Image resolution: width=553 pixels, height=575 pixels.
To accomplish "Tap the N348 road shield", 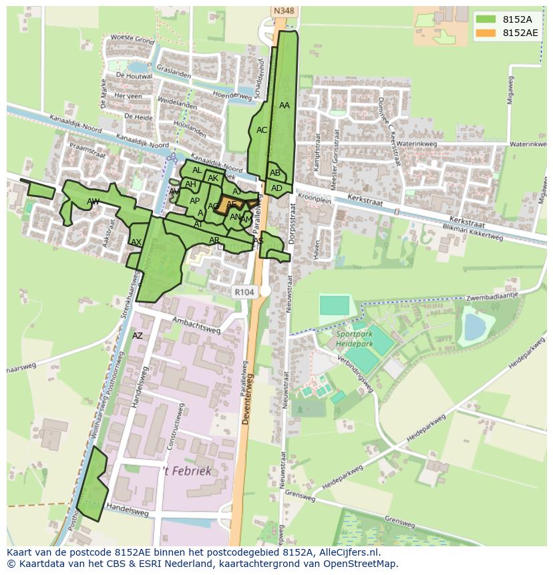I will click(283, 11).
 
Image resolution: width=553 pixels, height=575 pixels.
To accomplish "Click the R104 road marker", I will click(244, 293).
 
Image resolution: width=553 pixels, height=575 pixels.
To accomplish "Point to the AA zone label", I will click(285, 106).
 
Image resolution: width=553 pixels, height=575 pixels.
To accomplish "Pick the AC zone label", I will click(262, 130).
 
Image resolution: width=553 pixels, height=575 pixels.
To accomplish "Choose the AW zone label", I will click(93, 202).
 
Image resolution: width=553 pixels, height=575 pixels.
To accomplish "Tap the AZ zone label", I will click(137, 336).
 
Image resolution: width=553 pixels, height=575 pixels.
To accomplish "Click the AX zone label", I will click(136, 242).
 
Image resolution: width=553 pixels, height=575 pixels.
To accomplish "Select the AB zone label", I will click(275, 173).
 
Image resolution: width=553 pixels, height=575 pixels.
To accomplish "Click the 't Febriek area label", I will click(188, 471).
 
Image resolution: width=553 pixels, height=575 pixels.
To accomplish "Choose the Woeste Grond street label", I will click(132, 39).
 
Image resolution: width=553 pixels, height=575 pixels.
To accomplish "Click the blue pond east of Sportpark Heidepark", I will click(475, 327).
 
